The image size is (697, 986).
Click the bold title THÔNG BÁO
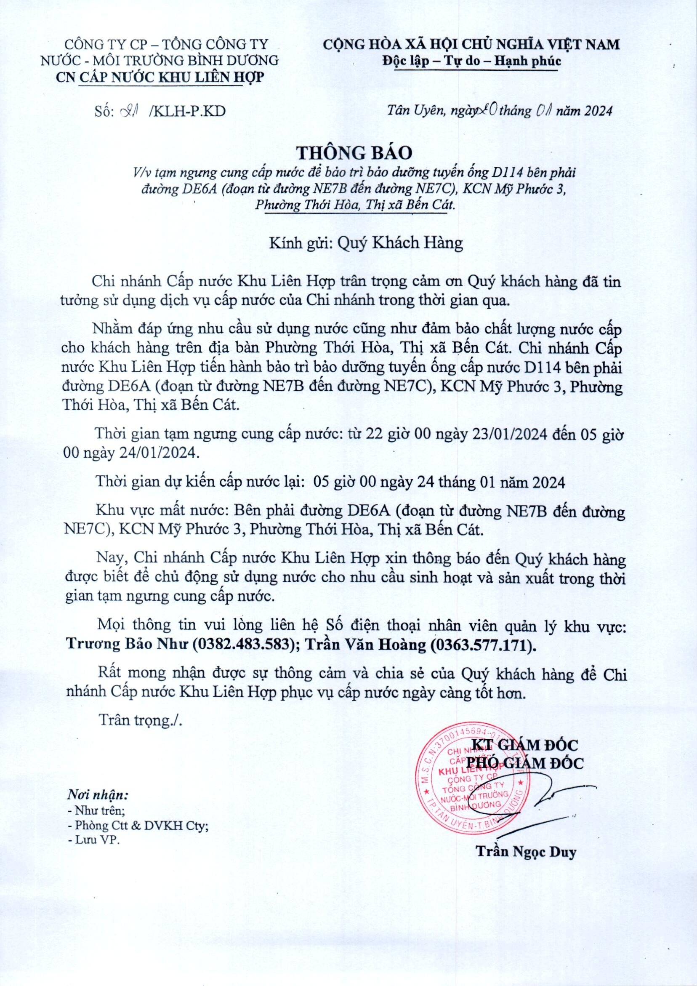[x=355, y=152]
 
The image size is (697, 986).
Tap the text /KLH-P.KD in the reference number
[x=186, y=111]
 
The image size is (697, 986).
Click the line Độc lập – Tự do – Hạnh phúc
[x=471, y=61]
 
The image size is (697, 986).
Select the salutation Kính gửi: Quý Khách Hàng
[x=366, y=243]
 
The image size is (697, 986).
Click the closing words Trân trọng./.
[x=141, y=720]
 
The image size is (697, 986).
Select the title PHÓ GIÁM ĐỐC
[x=525, y=763]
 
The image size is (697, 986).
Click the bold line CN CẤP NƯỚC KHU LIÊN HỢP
[x=161, y=77]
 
